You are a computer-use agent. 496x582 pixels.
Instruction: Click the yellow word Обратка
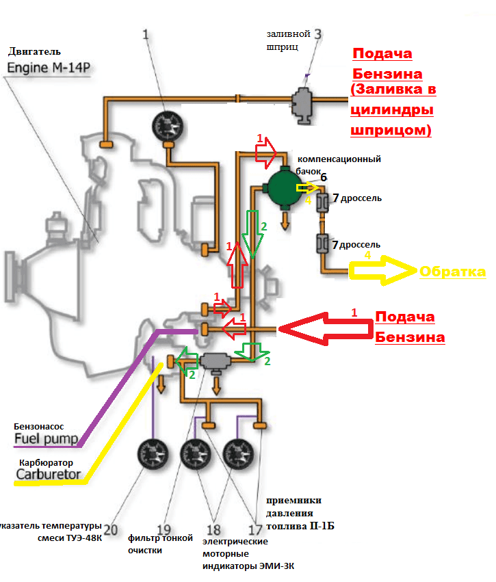453,272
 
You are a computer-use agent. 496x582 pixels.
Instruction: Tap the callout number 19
164,529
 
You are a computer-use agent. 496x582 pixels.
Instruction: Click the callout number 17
255,529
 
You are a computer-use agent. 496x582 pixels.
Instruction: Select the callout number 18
214,529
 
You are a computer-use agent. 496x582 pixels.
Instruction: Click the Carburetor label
49,474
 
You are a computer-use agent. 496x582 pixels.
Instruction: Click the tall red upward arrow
236,263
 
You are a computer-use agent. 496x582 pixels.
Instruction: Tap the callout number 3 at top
317,34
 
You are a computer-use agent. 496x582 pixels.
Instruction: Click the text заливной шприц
288,40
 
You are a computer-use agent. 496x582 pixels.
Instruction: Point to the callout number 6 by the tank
324,177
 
